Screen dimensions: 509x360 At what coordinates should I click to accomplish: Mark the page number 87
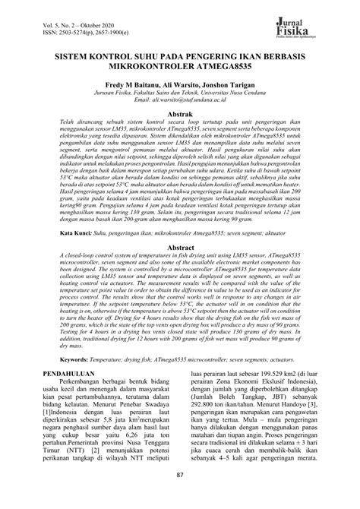(x=180, y=497)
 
